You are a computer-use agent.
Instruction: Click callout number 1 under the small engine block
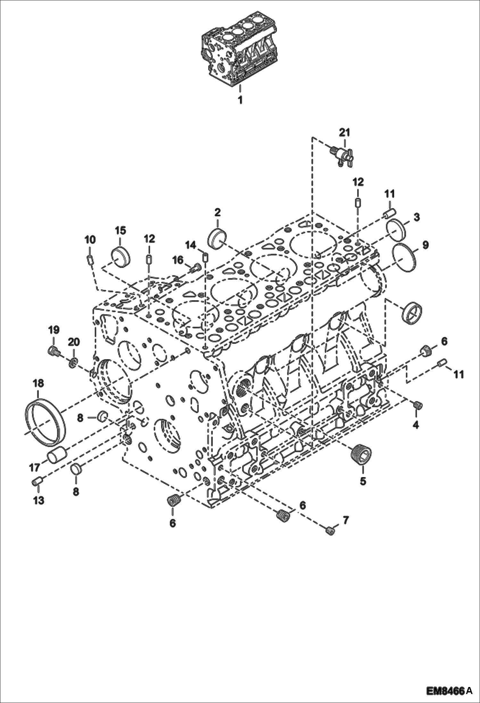(240, 100)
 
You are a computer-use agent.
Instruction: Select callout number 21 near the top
(344, 132)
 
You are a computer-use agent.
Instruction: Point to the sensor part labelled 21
(342, 155)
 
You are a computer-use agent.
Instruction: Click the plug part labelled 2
(218, 238)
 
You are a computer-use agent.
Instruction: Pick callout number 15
(120, 230)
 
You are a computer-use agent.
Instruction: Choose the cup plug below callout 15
(121, 255)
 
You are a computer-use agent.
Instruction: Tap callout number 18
(38, 383)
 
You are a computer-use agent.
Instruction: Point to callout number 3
(416, 217)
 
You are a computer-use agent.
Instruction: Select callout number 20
(73, 342)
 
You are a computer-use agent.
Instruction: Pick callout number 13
(38, 500)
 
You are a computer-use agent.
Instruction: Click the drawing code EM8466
(445, 691)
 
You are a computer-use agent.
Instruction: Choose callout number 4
(416, 425)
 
